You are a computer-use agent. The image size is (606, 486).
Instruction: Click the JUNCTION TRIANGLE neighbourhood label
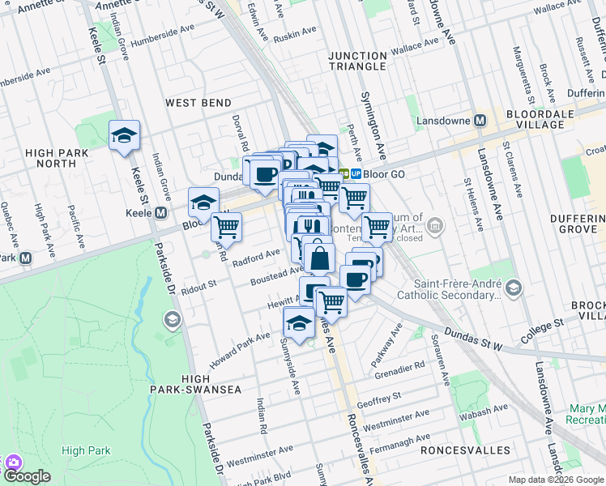(357, 61)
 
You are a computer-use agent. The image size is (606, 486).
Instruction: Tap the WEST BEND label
(198, 103)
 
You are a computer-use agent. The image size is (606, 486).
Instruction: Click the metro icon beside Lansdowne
(480, 120)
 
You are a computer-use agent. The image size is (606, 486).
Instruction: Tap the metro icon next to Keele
(160, 213)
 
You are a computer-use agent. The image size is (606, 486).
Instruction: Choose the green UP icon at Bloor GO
(355, 173)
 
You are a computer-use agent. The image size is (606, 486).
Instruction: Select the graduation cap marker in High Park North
(124, 136)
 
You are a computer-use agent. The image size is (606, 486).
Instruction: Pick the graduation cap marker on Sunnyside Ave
(299, 323)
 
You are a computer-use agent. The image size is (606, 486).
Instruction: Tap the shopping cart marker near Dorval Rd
(227, 227)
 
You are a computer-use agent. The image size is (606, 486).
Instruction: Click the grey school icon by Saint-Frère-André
(514, 288)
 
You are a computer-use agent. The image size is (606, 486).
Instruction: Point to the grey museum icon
(436, 224)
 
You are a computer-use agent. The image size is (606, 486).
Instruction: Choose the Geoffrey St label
(379, 399)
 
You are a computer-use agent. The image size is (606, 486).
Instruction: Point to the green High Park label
(85, 450)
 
